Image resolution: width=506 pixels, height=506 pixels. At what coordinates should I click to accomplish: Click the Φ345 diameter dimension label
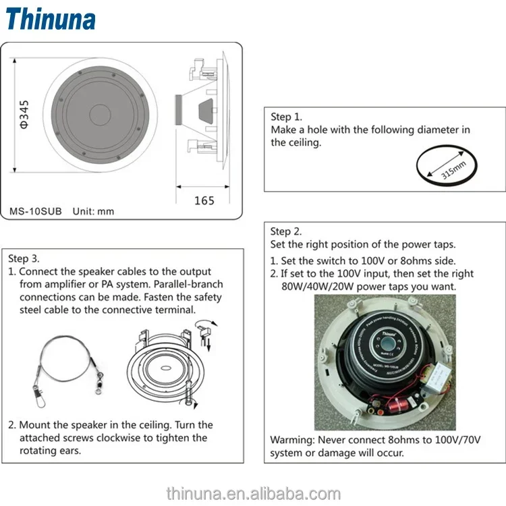tap(22, 113)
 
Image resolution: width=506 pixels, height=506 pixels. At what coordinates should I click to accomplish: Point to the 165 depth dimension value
tap(204, 200)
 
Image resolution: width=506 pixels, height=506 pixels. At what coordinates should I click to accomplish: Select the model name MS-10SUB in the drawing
tap(36, 211)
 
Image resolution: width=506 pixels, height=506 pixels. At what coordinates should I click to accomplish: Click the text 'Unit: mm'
tap(93, 211)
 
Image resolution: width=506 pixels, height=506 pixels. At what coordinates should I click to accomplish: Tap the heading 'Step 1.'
tap(287, 117)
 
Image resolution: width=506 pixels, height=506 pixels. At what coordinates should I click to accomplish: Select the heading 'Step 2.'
tap(287, 231)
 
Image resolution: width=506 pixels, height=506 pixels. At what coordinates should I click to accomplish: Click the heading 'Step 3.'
tap(24, 258)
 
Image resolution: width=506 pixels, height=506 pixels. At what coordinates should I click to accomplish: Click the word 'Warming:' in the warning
tap(292, 440)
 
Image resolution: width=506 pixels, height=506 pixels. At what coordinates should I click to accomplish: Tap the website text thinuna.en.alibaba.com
tap(253, 493)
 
